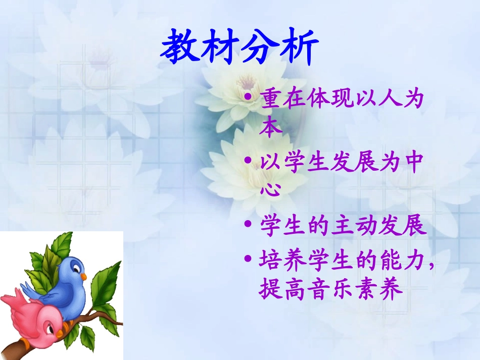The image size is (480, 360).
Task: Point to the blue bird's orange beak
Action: (83, 277)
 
